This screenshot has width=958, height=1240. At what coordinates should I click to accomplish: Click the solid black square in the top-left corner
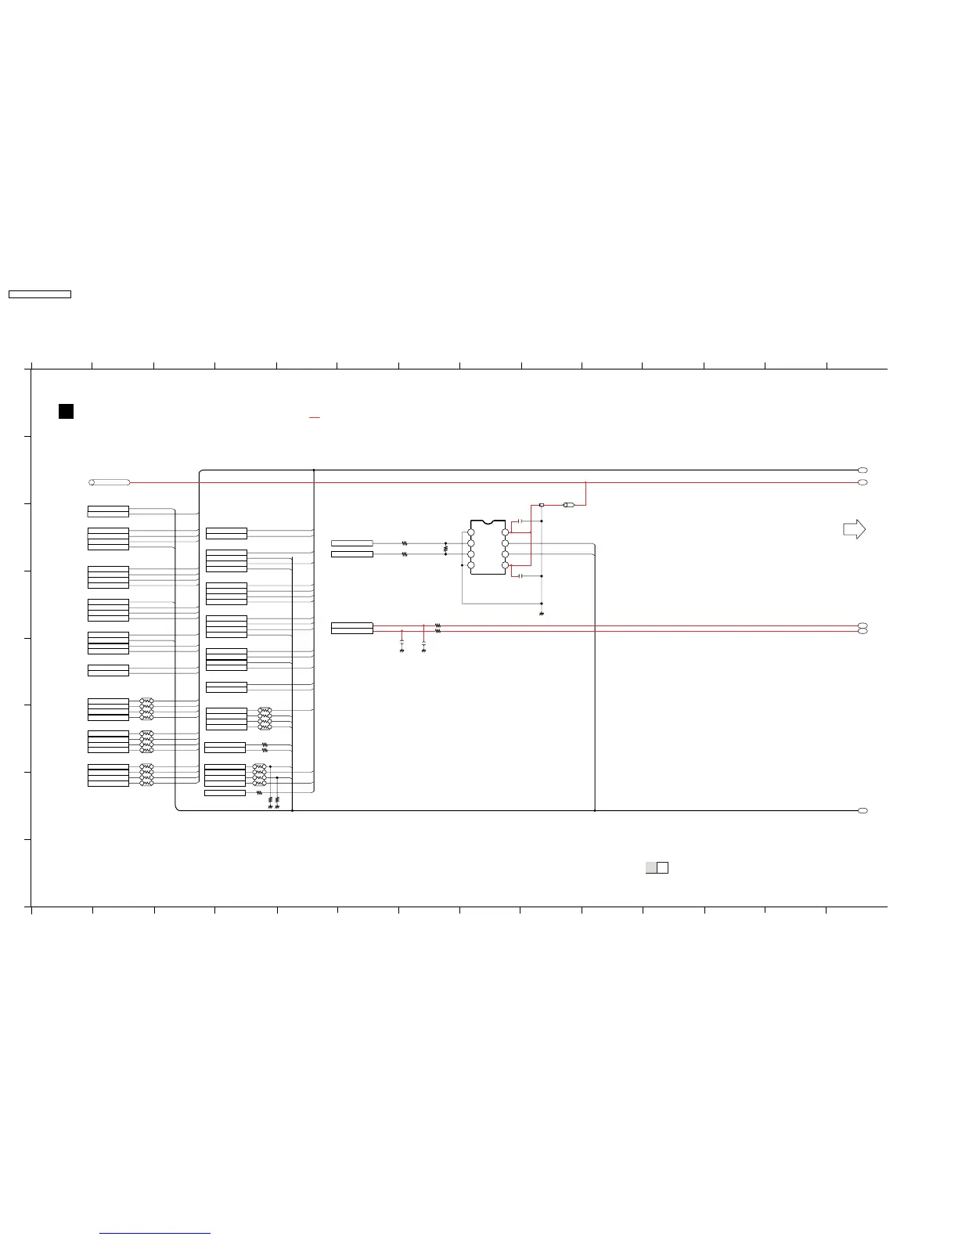click(x=67, y=411)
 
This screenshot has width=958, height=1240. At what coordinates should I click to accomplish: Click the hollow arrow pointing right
click(x=854, y=530)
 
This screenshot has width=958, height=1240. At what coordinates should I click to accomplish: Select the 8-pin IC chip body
click(x=488, y=547)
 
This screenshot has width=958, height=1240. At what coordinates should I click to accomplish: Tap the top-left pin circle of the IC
click(x=471, y=532)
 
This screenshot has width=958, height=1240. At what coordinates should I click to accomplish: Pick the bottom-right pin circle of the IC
click(x=505, y=564)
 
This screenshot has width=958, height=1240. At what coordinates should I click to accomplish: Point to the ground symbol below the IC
click(x=542, y=614)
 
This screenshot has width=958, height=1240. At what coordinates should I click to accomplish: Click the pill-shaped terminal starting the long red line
click(x=110, y=482)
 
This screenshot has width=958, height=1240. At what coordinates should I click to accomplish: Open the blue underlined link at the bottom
click(x=156, y=1233)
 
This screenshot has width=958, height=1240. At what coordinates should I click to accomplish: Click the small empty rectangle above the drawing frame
click(x=39, y=294)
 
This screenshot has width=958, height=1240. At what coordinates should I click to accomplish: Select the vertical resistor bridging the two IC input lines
click(x=445, y=549)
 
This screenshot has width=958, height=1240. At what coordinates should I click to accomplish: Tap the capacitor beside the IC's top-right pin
click(x=520, y=521)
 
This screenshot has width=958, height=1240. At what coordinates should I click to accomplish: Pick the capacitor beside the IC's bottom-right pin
click(x=520, y=576)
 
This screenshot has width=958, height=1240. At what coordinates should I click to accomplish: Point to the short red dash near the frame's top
click(x=315, y=418)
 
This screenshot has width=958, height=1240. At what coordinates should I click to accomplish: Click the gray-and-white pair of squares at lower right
click(x=657, y=867)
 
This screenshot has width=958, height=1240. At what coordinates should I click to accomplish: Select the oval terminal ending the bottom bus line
click(x=863, y=810)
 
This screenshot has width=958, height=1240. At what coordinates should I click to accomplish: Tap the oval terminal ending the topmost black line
click(x=863, y=470)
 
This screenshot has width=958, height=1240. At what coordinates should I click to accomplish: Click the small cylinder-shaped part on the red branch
click(x=569, y=505)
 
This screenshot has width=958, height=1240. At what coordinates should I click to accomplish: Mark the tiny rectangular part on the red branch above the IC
click(x=542, y=505)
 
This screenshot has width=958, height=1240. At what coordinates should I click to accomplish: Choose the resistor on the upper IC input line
click(x=405, y=542)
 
